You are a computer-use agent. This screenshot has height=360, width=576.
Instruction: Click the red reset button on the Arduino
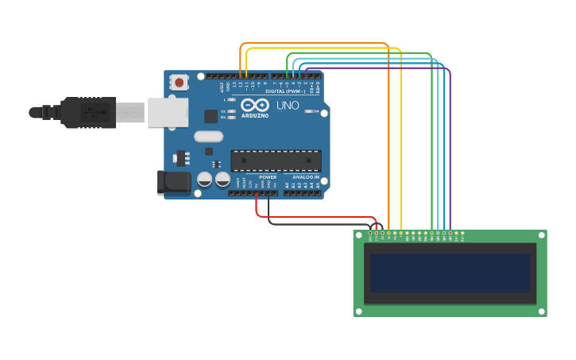point(179,82)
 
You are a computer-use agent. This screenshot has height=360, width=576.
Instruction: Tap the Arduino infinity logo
point(255,105)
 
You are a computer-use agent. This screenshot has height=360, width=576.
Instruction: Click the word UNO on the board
point(287,105)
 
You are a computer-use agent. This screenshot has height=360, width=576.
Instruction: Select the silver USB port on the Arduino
point(168,112)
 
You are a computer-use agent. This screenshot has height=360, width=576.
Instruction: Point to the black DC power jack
point(173,182)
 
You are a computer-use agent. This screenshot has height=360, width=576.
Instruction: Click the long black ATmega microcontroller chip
point(276,161)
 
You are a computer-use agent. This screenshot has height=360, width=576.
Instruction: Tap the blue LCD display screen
point(450,273)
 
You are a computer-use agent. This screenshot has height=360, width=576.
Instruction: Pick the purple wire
point(450,143)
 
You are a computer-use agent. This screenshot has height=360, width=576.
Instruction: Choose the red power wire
point(318,216)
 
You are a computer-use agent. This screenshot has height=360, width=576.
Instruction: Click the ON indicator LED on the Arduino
point(308,111)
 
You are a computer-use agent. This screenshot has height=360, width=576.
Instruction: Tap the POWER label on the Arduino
point(268,177)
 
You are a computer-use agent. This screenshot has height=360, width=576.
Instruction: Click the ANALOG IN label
point(305,177)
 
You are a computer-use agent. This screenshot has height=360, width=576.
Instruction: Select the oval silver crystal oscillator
point(208,136)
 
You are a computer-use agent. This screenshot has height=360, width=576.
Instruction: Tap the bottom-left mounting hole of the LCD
point(359,311)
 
